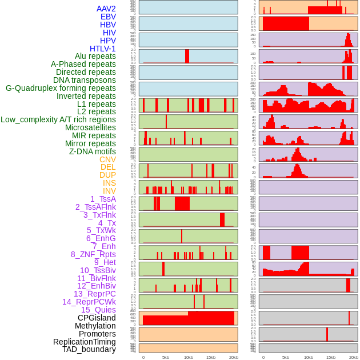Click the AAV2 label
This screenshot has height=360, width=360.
click(x=106, y=9)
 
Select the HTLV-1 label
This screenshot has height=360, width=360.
click(x=103, y=49)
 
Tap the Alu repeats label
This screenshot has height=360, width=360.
click(x=95, y=56)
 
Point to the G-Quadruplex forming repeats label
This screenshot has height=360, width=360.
click(x=61, y=88)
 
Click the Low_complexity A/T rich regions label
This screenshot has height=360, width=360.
click(x=58, y=119)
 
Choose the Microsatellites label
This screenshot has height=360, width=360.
click(x=90, y=127)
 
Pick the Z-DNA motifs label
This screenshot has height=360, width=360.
click(x=93, y=151)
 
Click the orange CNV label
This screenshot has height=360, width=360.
click(x=107, y=159)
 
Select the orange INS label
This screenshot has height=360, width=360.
click(x=109, y=183)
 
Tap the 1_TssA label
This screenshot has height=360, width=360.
click(x=103, y=199)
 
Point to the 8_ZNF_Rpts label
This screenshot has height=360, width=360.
click(x=93, y=254)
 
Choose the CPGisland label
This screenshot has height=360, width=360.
click(x=97, y=318)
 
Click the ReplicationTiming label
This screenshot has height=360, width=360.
click(x=84, y=342)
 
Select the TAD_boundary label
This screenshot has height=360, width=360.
click(x=89, y=349)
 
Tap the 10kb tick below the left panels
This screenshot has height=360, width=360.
click(x=188, y=357)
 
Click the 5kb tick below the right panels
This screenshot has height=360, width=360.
click(x=286, y=357)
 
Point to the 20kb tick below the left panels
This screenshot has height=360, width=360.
click(x=234, y=357)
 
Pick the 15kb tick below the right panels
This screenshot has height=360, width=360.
click(x=331, y=357)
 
